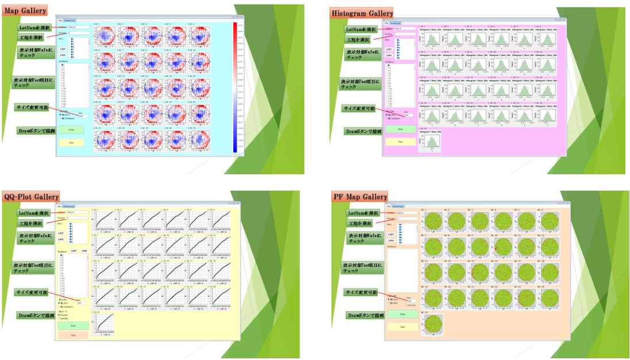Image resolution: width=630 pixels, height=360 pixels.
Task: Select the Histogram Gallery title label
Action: [362, 13]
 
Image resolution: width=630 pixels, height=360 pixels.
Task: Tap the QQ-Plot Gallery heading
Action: [31, 197]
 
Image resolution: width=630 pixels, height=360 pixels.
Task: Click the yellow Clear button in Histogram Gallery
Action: [399, 141]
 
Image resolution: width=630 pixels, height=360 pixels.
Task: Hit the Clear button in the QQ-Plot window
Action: [73, 335]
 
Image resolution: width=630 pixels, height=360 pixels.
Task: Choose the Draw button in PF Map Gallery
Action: [402, 314]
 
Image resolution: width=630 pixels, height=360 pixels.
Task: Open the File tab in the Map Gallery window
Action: [60, 21]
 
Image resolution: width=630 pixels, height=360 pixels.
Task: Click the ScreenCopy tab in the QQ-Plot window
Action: [69, 205]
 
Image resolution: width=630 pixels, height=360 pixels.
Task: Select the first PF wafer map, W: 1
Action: [432, 221]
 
